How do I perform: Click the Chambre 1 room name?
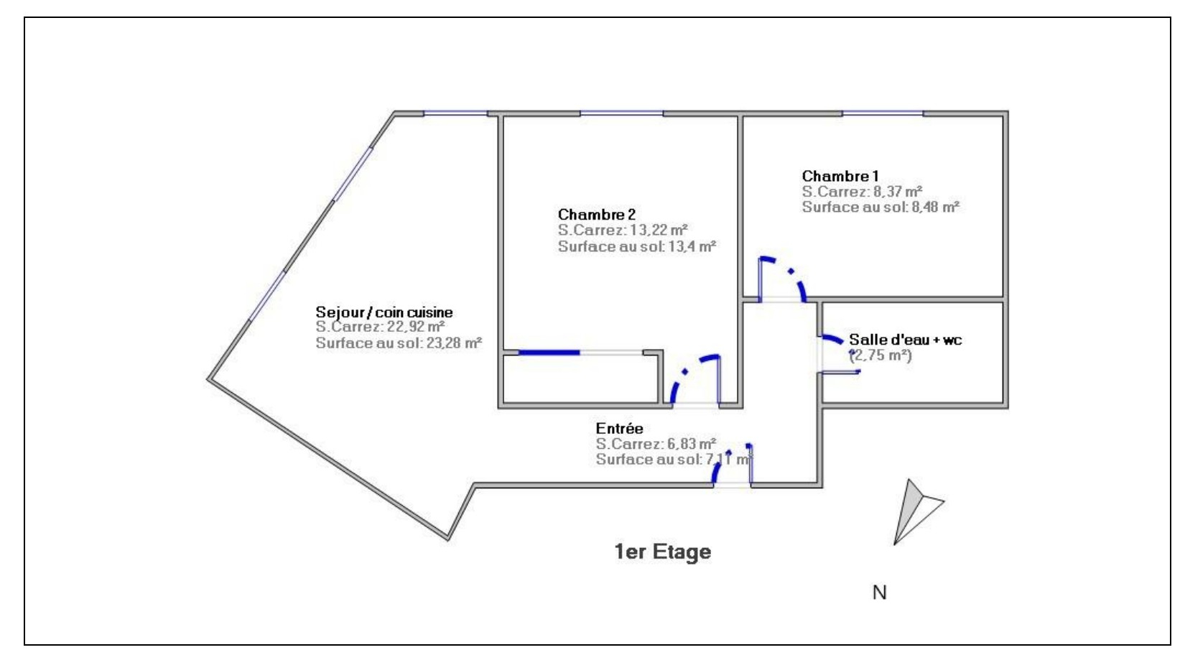click(x=840, y=176)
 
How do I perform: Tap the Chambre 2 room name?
click(x=597, y=214)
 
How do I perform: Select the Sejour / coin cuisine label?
click(x=384, y=312)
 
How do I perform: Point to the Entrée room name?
click(x=620, y=428)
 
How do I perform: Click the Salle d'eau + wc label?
click(x=905, y=340)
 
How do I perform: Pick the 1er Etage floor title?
click(x=663, y=552)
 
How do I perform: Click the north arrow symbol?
click(x=915, y=511)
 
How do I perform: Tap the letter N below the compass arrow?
click(x=879, y=593)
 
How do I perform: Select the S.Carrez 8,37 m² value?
click(x=863, y=191)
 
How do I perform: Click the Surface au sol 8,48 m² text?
click(x=880, y=207)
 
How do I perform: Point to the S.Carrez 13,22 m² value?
click(x=623, y=230)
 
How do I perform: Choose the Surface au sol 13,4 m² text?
click(x=637, y=246)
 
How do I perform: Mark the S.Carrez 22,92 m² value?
click(x=380, y=327)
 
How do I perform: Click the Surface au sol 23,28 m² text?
click(x=399, y=343)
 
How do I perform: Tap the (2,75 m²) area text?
click(x=880, y=355)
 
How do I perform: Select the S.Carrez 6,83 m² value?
click(x=656, y=443)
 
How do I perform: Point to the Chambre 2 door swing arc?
click(x=686, y=372)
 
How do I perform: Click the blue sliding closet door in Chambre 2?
click(x=549, y=353)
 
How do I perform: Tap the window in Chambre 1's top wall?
click(x=883, y=113)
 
